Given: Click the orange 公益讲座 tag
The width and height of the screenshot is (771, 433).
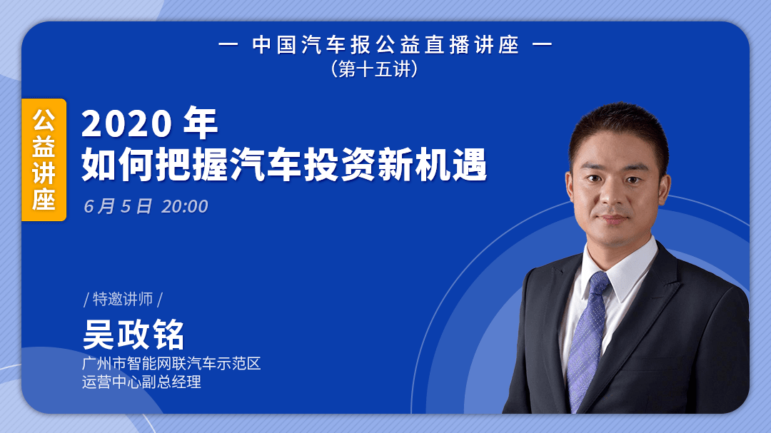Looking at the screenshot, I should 44,160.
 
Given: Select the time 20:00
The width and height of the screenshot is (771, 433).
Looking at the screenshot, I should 185,207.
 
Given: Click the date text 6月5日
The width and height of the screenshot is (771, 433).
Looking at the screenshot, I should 118,207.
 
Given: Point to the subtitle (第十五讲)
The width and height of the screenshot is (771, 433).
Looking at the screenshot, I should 373,69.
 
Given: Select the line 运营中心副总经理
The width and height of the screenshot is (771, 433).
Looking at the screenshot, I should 141,382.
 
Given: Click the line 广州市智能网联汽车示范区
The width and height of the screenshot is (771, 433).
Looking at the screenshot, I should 171,364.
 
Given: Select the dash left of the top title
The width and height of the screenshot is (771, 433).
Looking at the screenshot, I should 228,46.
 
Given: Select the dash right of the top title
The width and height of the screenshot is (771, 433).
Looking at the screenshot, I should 543,46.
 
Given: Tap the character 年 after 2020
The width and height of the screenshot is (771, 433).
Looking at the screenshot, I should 200,124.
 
